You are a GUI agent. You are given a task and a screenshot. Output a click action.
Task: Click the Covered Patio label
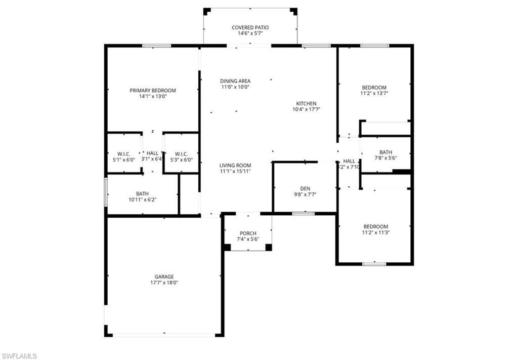250,27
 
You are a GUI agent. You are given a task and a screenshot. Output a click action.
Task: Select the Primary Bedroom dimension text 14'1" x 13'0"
153,96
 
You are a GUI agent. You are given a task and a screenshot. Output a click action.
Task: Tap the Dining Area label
235,81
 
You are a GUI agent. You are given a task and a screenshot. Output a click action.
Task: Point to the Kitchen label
306,103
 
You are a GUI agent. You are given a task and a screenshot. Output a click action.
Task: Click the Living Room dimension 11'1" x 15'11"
235,171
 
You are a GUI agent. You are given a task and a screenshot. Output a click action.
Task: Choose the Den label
305,187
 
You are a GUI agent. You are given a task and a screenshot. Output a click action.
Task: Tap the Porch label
248,233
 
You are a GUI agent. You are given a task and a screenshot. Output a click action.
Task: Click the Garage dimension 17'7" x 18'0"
164,283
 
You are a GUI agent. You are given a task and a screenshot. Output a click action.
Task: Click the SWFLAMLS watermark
19,356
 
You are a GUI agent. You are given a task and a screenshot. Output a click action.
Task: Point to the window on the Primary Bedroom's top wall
156,46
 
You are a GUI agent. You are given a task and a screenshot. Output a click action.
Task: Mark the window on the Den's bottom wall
304,214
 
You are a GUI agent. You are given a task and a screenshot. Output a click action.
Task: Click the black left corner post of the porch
227,247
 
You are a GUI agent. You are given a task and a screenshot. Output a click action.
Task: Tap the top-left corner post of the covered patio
206,11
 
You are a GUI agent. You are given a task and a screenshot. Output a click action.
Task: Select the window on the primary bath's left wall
106,192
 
